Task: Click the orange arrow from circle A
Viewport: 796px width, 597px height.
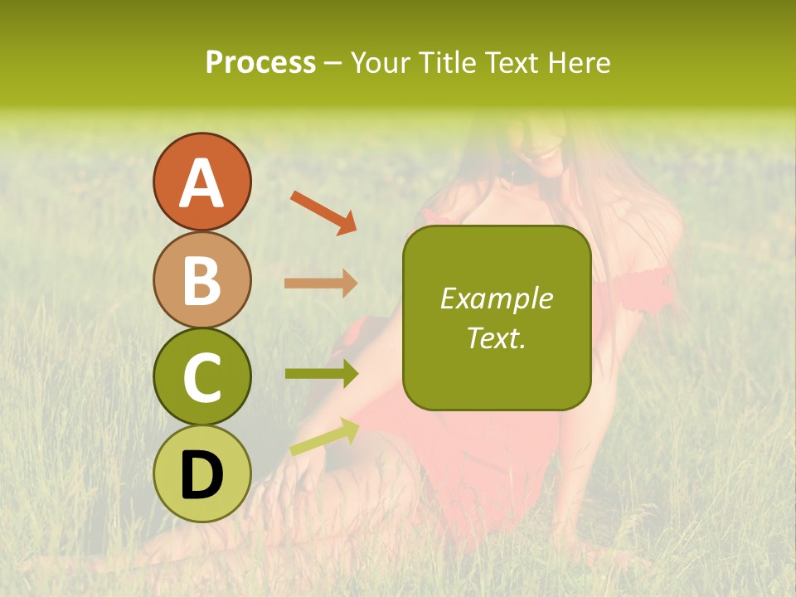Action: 323,212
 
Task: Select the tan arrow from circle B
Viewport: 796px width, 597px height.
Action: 321,283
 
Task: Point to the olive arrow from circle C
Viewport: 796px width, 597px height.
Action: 321,374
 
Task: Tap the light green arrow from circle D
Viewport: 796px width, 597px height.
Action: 324,437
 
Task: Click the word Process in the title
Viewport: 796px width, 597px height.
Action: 260,63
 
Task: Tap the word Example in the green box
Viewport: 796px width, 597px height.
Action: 497,298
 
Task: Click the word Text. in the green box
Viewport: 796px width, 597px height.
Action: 497,337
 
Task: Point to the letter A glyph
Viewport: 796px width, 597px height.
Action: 202,183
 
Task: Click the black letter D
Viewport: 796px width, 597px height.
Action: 202,476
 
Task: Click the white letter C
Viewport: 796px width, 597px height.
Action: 202,378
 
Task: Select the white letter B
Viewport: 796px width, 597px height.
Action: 202,280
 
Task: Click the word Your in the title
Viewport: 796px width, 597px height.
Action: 379,63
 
